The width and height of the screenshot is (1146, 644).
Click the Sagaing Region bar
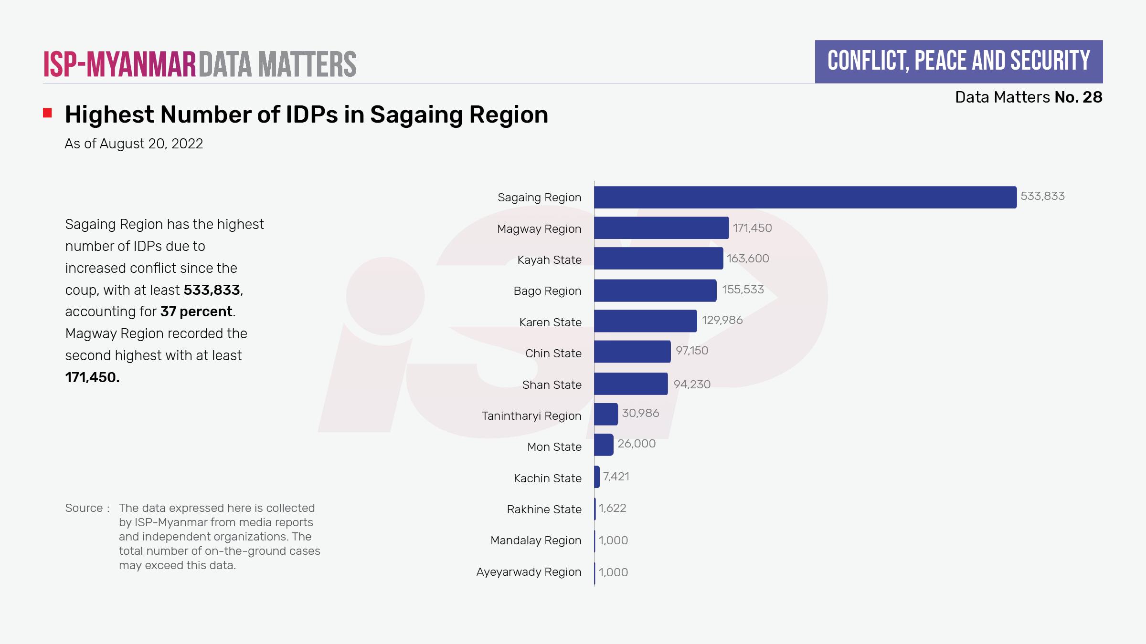click(805, 197)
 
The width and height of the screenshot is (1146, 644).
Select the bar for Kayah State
click(658, 259)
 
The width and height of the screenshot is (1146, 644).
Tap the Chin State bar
click(632, 352)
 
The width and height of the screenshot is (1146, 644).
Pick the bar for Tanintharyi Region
click(606, 414)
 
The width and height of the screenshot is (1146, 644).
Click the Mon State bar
click(604, 445)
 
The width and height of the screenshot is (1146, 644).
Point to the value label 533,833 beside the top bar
click(1042, 196)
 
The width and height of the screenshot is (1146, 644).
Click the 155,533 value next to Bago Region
click(743, 290)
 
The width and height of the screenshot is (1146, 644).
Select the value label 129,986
click(722, 320)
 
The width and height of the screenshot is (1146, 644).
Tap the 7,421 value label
click(616, 477)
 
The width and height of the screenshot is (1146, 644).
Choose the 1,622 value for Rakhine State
click(613, 508)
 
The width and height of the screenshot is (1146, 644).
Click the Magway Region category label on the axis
click(539, 229)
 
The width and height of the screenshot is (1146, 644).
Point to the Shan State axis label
click(552, 385)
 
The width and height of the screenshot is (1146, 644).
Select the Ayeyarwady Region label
click(529, 572)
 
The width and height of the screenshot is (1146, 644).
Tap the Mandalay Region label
click(536, 540)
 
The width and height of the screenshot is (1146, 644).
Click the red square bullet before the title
click(47, 113)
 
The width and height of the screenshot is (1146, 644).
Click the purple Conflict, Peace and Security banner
click(958, 62)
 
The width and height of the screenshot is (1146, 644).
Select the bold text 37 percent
click(197, 312)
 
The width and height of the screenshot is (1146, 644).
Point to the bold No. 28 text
click(1078, 97)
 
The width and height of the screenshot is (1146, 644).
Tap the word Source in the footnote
click(84, 508)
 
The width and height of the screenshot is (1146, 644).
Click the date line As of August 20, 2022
click(134, 144)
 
